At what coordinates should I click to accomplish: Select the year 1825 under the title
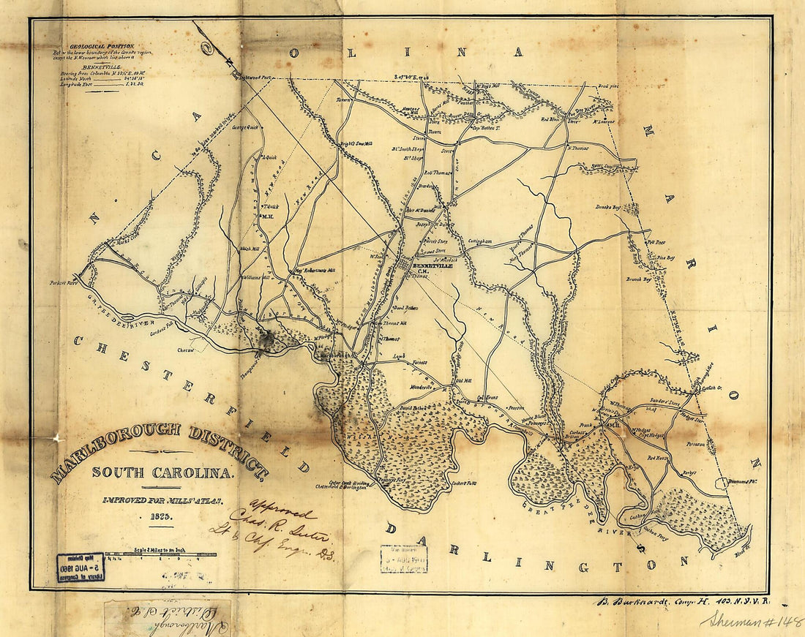[x=161, y=516]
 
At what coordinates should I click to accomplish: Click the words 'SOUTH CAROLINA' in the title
[x=162, y=472]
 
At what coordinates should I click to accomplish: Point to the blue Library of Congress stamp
[x=80, y=566]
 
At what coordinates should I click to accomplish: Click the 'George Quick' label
[x=247, y=127]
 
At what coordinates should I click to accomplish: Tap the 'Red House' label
[x=659, y=458]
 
